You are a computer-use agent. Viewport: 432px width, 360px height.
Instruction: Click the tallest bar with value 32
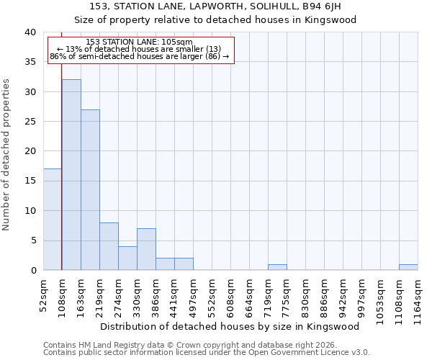point(71,175)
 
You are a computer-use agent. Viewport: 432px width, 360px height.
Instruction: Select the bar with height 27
point(90,190)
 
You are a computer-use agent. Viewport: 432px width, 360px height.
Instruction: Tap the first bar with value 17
point(53,220)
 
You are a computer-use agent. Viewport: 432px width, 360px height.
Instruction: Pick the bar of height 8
point(109,246)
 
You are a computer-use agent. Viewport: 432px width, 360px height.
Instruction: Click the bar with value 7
point(146,249)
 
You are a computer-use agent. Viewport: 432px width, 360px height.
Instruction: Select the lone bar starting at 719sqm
point(277,267)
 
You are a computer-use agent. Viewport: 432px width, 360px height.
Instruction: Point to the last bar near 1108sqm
point(408,267)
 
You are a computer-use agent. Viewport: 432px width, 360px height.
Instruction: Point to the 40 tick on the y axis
point(30,32)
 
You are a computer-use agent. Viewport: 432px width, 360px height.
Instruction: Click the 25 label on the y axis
point(30,122)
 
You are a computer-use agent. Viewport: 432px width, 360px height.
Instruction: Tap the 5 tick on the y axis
point(33,240)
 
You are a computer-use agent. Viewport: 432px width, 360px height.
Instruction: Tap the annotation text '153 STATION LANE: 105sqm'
point(139,42)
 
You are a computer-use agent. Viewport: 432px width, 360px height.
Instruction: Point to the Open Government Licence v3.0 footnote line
point(207,353)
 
